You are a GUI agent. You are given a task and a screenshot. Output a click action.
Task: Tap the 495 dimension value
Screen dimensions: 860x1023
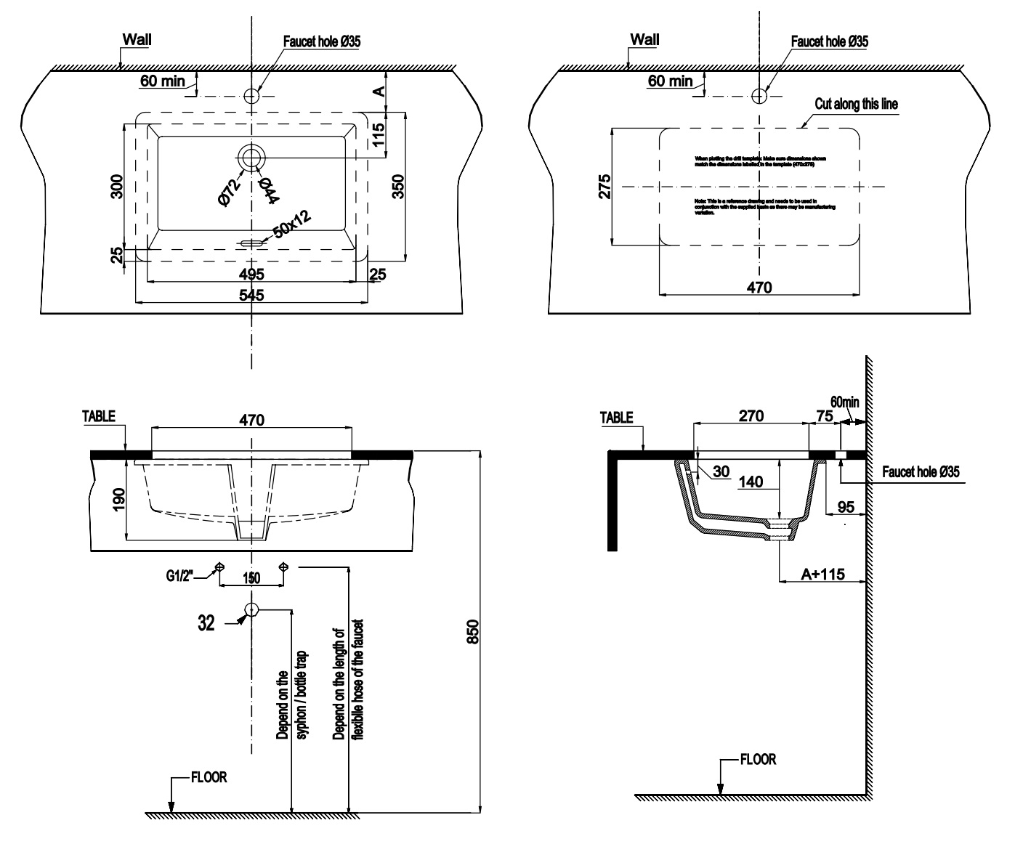coord(251,274)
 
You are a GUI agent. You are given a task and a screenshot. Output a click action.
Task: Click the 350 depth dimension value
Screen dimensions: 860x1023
coord(397,186)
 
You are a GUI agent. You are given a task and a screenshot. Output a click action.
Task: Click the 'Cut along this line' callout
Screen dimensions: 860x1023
coord(856,104)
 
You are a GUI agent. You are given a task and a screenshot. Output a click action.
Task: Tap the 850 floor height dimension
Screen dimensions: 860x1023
coord(472,631)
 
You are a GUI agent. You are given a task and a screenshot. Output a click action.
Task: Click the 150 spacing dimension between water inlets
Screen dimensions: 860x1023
coord(251,578)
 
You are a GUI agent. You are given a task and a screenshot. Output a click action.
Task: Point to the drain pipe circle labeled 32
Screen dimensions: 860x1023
coord(252,609)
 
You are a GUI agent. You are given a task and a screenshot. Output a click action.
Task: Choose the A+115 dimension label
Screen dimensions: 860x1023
coord(822,573)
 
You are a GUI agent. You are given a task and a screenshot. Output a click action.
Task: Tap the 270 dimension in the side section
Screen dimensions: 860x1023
coord(751,416)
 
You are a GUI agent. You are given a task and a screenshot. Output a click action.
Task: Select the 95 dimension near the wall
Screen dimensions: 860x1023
coord(844,506)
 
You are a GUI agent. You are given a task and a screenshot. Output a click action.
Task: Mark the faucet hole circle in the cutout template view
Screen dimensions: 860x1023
coord(760,95)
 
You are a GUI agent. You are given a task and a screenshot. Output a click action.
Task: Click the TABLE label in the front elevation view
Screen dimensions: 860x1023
coord(99,417)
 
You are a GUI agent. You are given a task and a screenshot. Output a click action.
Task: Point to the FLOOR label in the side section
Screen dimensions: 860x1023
coord(758,760)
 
